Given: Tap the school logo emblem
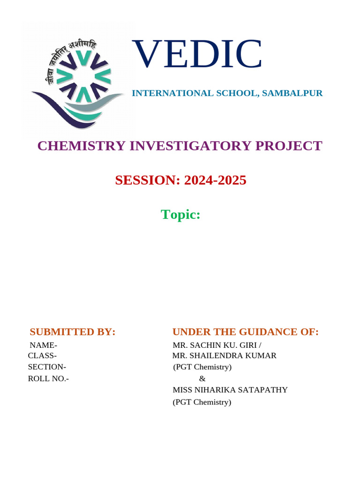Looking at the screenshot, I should click(77, 80).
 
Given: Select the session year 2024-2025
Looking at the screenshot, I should click(215, 180).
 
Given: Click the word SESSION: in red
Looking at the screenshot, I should click(149, 180).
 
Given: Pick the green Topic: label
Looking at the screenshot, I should click(180, 214).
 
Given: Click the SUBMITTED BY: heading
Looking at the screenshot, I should click(72, 332).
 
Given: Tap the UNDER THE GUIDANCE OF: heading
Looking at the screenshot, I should click(245, 332).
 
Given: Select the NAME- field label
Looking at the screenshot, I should click(44, 345).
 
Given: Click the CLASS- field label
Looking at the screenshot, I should click(43, 356).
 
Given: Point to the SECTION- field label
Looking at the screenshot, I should click(47, 367).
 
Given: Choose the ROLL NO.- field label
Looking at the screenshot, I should click(48, 379).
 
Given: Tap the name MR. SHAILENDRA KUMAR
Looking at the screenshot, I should click(224, 356).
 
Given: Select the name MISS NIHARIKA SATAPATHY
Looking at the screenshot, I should click(230, 390).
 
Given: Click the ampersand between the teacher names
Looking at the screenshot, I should click(202, 379).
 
